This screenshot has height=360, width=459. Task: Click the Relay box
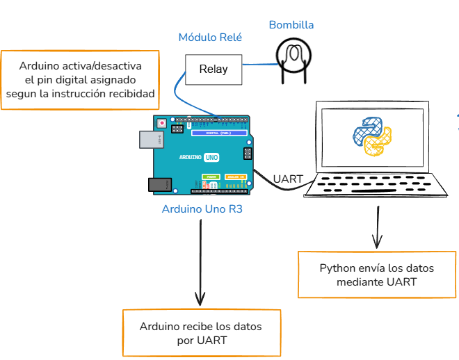click(213, 69)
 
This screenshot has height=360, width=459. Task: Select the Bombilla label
click(291, 25)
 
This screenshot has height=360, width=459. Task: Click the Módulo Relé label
click(210, 38)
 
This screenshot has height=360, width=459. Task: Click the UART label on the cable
click(288, 179)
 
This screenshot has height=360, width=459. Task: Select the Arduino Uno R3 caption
click(202, 208)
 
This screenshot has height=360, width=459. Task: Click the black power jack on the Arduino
click(159, 184)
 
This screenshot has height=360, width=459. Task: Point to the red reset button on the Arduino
click(162, 124)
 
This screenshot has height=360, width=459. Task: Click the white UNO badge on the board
click(211, 158)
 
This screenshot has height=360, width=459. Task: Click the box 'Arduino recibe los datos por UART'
click(202, 333)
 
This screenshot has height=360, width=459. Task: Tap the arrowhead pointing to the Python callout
click(377, 243)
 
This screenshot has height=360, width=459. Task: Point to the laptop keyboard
click(376, 185)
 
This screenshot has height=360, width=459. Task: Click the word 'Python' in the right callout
click(336, 268)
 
